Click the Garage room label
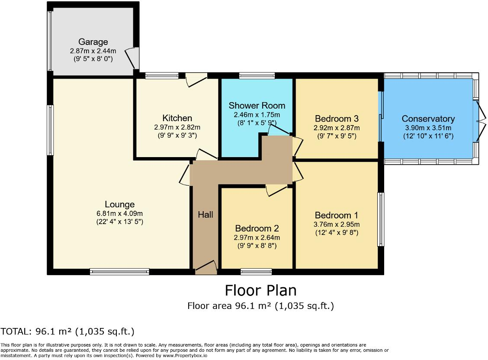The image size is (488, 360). (93, 42)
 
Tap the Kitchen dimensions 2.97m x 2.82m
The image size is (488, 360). (177, 127)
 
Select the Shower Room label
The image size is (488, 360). (257, 106)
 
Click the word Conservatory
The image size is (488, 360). (428, 119)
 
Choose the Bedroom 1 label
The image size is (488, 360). (337, 215)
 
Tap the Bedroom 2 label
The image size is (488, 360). (257, 228)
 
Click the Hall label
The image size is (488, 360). (205, 214)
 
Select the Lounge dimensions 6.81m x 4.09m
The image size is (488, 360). (119, 213)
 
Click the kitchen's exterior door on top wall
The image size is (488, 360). (196, 80)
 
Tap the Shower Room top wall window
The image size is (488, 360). (257, 76)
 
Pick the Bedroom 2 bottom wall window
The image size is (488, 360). (256, 272)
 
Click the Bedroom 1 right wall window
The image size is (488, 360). (381, 219)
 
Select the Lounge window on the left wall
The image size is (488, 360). (51, 130)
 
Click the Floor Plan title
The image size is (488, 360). (260, 290)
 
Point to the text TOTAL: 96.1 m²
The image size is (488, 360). (67, 332)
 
